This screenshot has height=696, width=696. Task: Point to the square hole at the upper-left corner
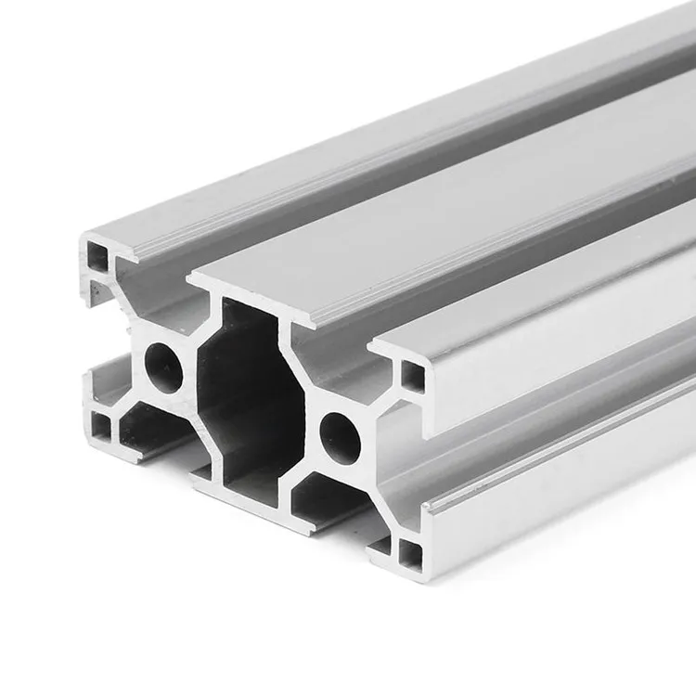[97, 256]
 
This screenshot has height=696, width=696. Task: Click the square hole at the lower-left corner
[100, 427]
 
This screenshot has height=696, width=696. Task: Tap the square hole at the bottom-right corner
[409, 554]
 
